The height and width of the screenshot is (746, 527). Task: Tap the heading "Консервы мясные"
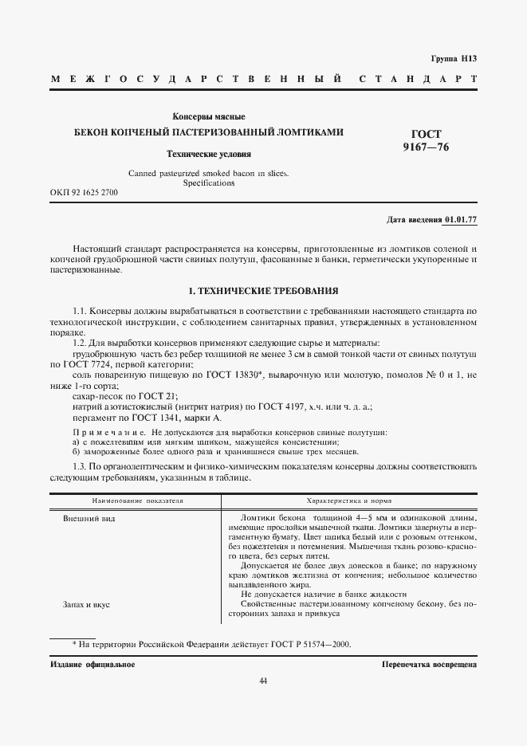click(x=209, y=117)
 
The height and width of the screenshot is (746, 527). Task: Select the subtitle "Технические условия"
click(x=208, y=154)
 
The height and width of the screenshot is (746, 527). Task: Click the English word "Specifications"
click(x=209, y=183)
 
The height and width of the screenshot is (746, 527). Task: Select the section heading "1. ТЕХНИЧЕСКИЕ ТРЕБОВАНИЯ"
click(x=263, y=291)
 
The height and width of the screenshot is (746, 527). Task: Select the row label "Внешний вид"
click(x=84, y=519)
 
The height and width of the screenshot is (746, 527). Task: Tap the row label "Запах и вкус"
click(x=86, y=604)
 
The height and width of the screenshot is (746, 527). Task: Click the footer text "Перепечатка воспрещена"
click(x=429, y=664)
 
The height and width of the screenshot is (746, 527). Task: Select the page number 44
click(x=263, y=680)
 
